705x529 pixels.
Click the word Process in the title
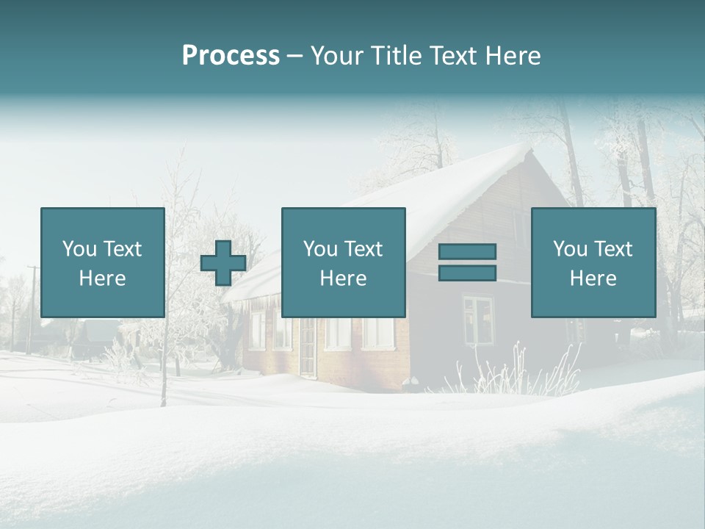(x=231, y=56)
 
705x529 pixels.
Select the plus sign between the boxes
(x=223, y=263)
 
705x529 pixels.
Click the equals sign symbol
(x=467, y=262)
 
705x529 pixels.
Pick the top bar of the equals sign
(x=467, y=252)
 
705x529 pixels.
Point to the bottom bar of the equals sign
(x=467, y=273)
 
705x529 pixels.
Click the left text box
(x=103, y=262)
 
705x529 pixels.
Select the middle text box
(x=343, y=262)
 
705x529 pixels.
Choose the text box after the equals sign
(x=593, y=262)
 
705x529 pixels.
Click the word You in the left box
(x=79, y=249)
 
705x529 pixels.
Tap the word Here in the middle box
(x=343, y=278)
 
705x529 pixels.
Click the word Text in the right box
(x=614, y=249)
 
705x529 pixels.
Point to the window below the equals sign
(x=477, y=320)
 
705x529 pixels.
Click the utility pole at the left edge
(x=31, y=309)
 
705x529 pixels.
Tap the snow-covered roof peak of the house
(x=523, y=151)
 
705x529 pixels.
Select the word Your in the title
(x=336, y=56)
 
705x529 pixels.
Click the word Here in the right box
(x=593, y=278)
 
